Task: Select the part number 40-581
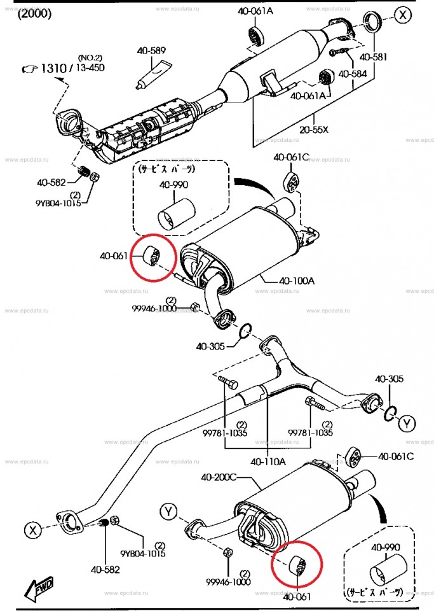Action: pyautogui.click(x=373, y=57)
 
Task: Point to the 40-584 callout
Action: pyautogui.click(x=353, y=74)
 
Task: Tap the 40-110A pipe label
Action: pyautogui.click(x=268, y=461)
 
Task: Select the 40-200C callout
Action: pyautogui.click(x=219, y=475)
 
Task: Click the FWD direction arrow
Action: pyautogui.click(x=39, y=590)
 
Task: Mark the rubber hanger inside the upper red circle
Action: pyautogui.click(x=153, y=256)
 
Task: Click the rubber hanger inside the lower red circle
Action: pyautogui.click(x=297, y=564)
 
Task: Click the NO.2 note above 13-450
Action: pyautogui.click(x=90, y=57)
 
